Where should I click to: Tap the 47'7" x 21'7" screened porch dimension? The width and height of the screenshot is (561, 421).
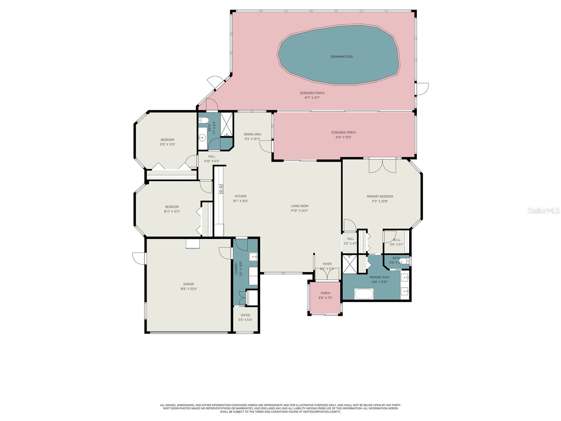pos(312,98)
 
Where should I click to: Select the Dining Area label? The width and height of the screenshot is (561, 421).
pos(252,134)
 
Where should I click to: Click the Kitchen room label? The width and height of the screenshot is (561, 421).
pos(241,196)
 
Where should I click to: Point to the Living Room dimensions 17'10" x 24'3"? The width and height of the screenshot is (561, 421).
pos(299,211)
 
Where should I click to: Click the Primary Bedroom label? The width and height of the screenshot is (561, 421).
pos(380,196)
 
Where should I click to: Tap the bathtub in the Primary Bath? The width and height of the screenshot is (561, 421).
pos(364,294)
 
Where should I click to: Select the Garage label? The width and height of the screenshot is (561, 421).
pos(188,284)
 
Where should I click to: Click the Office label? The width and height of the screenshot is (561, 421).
pos(245,315)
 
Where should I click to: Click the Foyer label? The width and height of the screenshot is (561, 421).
pos(327,264)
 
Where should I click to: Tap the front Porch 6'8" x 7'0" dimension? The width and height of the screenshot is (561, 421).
pos(325,298)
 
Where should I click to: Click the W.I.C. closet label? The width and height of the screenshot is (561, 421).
pos(397,240)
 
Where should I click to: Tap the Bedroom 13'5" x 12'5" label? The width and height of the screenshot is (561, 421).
pos(167,140)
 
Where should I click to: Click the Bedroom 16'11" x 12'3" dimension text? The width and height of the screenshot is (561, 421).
pos(171,212)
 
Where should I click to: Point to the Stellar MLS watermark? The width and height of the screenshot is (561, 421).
pos(543,211)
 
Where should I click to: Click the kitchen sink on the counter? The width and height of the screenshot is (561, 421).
pos(221,189)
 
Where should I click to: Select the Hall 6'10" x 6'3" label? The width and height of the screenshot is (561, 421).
pos(212,156)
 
